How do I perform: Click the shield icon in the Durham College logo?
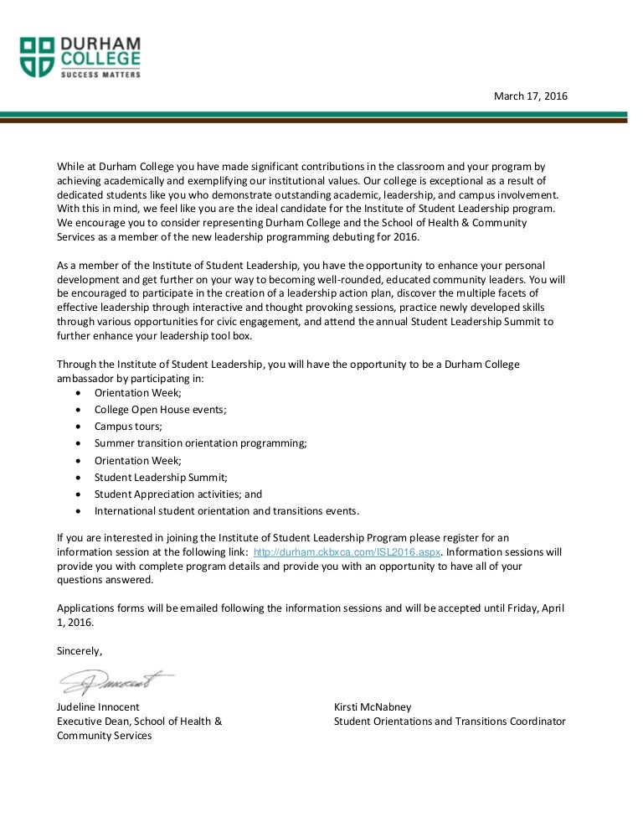click(38, 56)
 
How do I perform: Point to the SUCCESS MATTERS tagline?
click(99, 74)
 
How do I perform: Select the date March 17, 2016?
click(531, 96)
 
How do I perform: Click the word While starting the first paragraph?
click(71, 167)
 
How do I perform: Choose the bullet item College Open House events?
click(160, 410)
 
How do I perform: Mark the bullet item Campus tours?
click(128, 427)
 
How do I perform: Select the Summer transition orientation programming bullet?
click(200, 443)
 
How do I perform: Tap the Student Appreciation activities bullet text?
click(177, 494)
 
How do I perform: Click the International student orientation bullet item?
click(226, 511)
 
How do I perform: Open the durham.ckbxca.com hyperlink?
click(347, 552)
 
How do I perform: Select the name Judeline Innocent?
click(98, 707)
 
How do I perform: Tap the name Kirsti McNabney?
click(373, 707)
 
